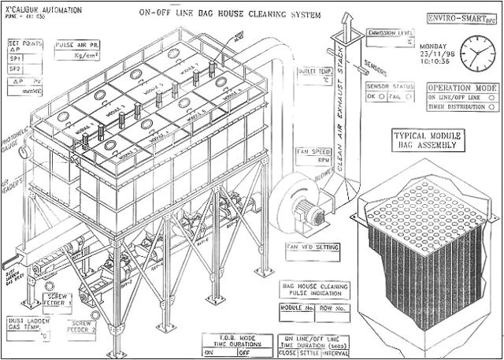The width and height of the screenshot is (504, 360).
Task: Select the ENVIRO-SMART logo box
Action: (460, 17)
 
